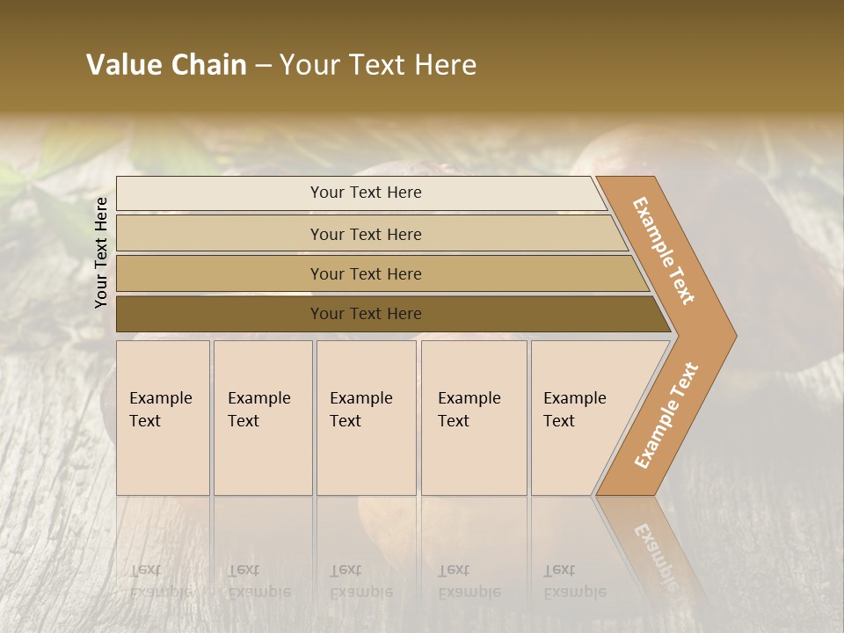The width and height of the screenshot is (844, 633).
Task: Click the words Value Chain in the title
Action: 166,65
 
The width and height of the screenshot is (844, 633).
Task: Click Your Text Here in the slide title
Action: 378,65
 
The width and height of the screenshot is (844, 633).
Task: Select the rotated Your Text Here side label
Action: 101,252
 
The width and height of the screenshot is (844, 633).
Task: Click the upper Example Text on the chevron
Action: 664,251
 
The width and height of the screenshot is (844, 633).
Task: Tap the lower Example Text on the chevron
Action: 666,416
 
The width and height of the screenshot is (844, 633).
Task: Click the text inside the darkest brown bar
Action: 366,314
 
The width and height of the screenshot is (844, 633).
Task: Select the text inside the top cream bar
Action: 366,193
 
